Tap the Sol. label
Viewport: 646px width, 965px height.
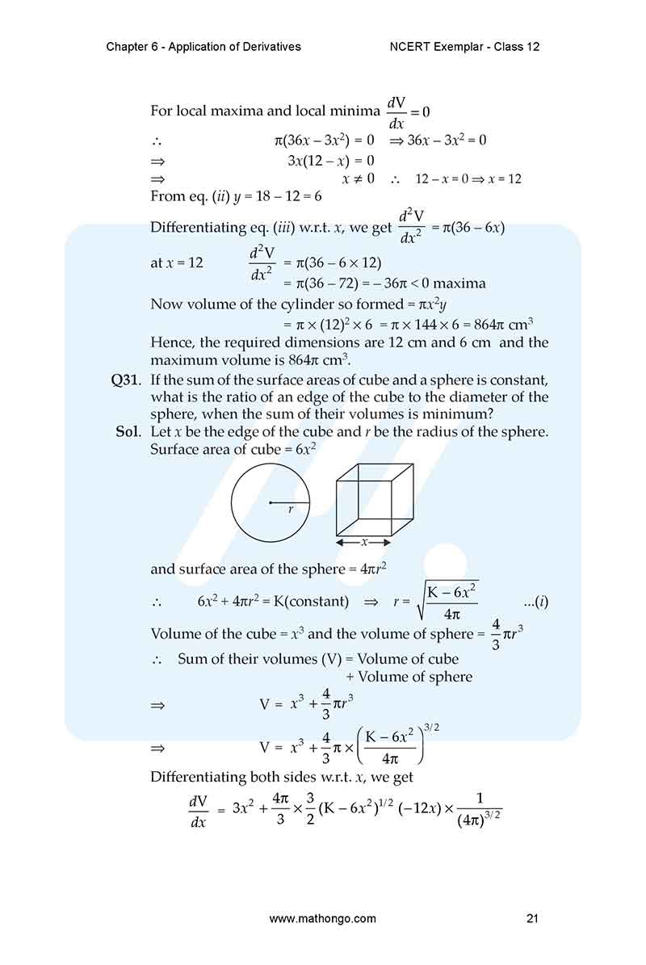[x=131, y=431]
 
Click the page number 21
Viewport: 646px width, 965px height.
[x=531, y=918]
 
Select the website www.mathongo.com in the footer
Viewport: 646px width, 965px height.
[x=322, y=918]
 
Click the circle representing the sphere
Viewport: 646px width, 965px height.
[x=270, y=502]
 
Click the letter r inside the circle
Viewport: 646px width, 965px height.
[x=290, y=510]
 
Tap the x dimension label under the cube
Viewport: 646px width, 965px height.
[x=363, y=542]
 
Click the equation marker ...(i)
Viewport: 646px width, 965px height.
[x=536, y=602]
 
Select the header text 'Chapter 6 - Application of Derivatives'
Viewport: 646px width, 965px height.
[x=203, y=47]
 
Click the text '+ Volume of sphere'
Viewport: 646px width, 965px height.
[x=409, y=677]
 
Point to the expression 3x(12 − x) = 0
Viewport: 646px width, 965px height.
[x=331, y=160]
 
